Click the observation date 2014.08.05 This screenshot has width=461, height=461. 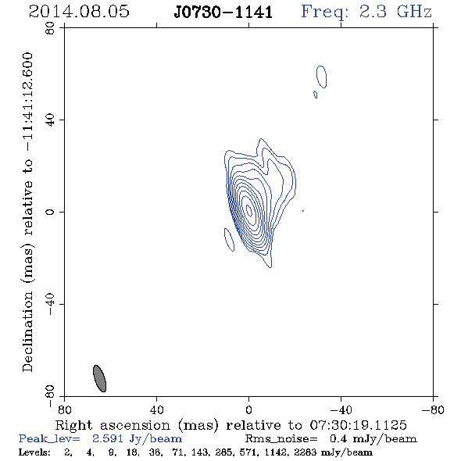coord(79,12)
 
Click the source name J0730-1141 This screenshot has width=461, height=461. coord(223,13)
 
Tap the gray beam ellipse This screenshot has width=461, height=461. coord(99,378)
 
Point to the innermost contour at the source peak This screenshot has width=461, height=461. coord(248,210)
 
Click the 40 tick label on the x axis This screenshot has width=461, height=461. coord(156,410)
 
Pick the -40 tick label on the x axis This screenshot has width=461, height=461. coord(341,410)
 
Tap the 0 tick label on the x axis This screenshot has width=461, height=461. coord(248,410)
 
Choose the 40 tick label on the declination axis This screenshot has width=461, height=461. coord(50,120)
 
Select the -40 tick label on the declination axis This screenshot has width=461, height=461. coord(50,304)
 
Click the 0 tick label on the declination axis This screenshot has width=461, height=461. coord(50,212)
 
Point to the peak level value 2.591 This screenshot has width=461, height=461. coord(107,438)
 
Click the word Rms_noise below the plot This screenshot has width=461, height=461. coord(281,439)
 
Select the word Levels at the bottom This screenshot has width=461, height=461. coord(34,452)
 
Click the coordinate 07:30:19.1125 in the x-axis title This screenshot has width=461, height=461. coord(358,425)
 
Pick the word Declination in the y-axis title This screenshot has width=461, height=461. coord(27,331)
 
